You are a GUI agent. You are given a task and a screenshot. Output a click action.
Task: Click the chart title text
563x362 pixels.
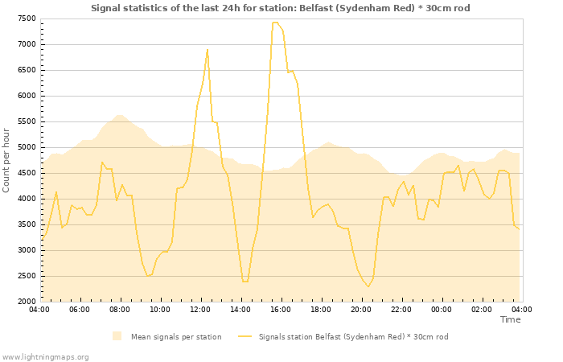coord(281,8)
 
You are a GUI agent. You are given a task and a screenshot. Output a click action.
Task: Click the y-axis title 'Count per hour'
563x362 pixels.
coord(7,159)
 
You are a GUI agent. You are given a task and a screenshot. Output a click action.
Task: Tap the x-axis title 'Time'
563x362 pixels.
coord(510,319)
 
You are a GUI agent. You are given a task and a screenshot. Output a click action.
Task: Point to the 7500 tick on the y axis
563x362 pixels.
coord(26,19)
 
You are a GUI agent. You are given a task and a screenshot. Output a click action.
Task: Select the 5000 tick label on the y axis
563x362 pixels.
coord(26,147)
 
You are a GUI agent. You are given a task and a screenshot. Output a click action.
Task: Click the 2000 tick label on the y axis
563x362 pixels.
coord(26,302)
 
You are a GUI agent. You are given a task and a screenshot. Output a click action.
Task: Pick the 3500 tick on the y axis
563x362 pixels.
coord(26,224)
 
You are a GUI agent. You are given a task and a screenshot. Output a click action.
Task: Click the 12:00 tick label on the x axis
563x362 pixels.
coord(200,309)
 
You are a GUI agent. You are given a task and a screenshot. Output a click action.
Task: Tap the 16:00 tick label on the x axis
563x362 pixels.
coord(281,309)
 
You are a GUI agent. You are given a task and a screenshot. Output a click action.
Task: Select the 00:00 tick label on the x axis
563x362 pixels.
coord(442,309)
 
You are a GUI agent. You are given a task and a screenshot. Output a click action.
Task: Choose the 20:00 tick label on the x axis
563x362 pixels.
coord(361,309)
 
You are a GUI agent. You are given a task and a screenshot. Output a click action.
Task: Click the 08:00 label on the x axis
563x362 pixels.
coord(120,309)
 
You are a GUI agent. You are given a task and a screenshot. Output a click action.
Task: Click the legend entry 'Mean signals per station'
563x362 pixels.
coord(175,336)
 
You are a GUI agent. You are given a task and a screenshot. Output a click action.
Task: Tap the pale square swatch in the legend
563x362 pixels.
coord(117,336)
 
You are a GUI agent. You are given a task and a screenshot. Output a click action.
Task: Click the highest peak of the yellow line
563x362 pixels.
coord(275,23)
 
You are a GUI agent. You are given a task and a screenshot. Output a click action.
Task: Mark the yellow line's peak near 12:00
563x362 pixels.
coord(208,49)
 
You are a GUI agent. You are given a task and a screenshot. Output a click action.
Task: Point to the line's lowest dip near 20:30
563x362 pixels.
coord(368,286)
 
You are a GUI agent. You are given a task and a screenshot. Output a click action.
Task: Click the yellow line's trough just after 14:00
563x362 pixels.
coord(245,282)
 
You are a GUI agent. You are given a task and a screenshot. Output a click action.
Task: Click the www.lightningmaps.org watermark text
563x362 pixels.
coord(46,356)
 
